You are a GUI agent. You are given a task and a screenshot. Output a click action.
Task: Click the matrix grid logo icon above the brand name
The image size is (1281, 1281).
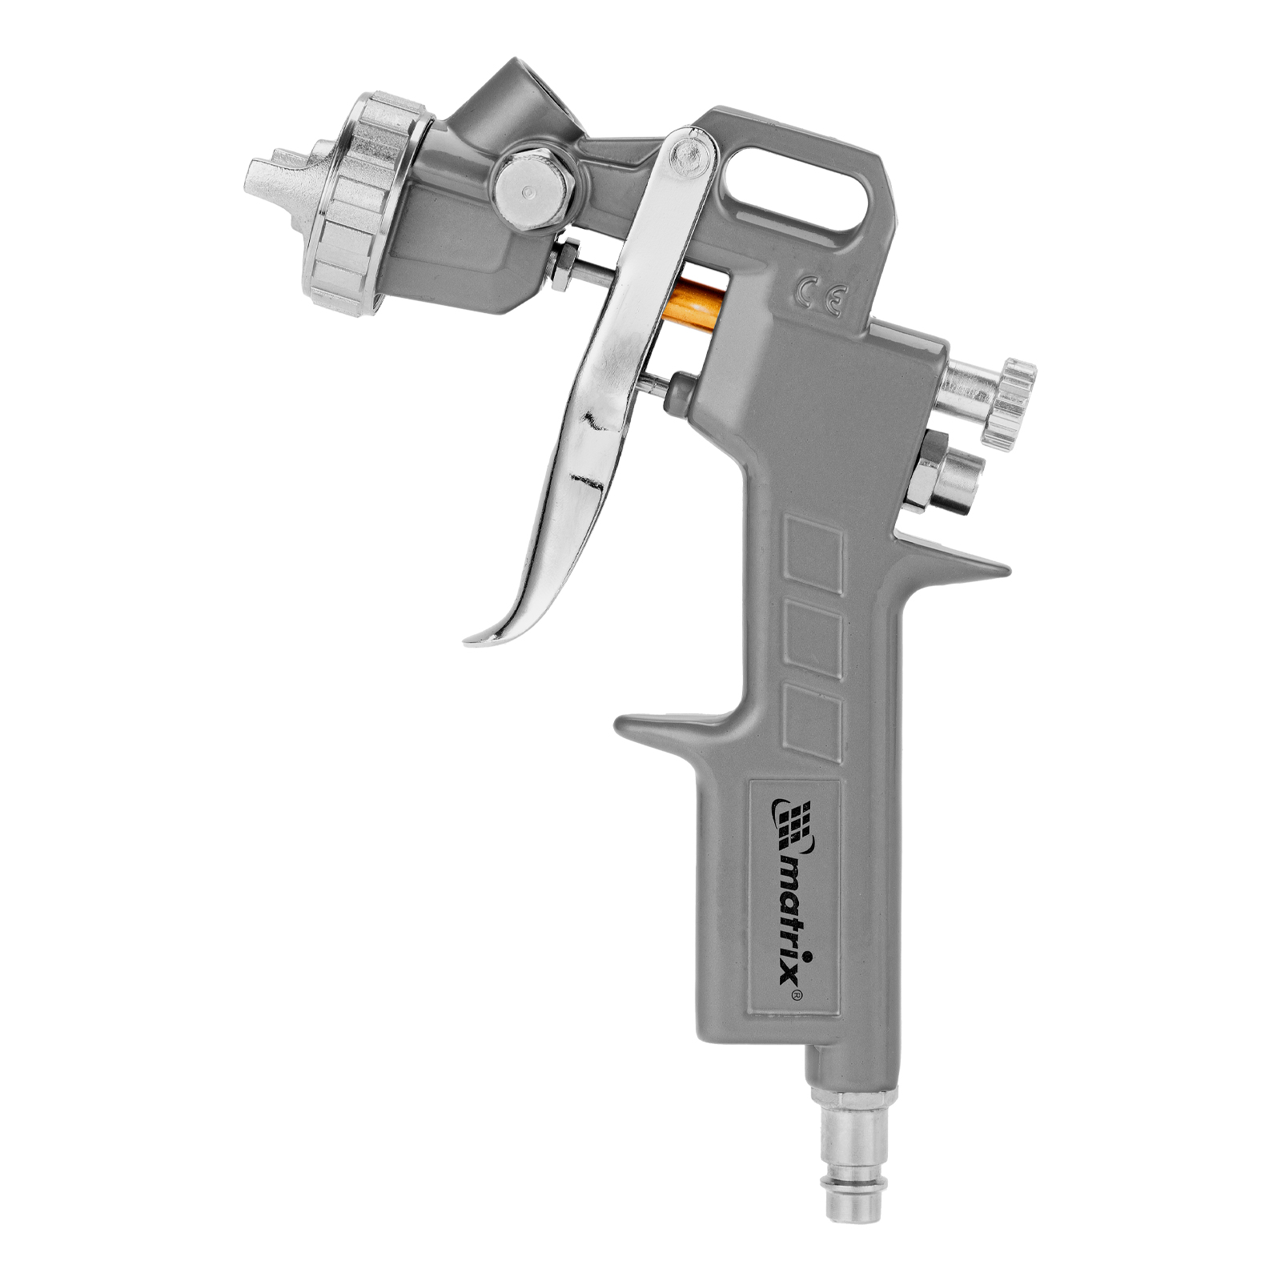tap(792, 825)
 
